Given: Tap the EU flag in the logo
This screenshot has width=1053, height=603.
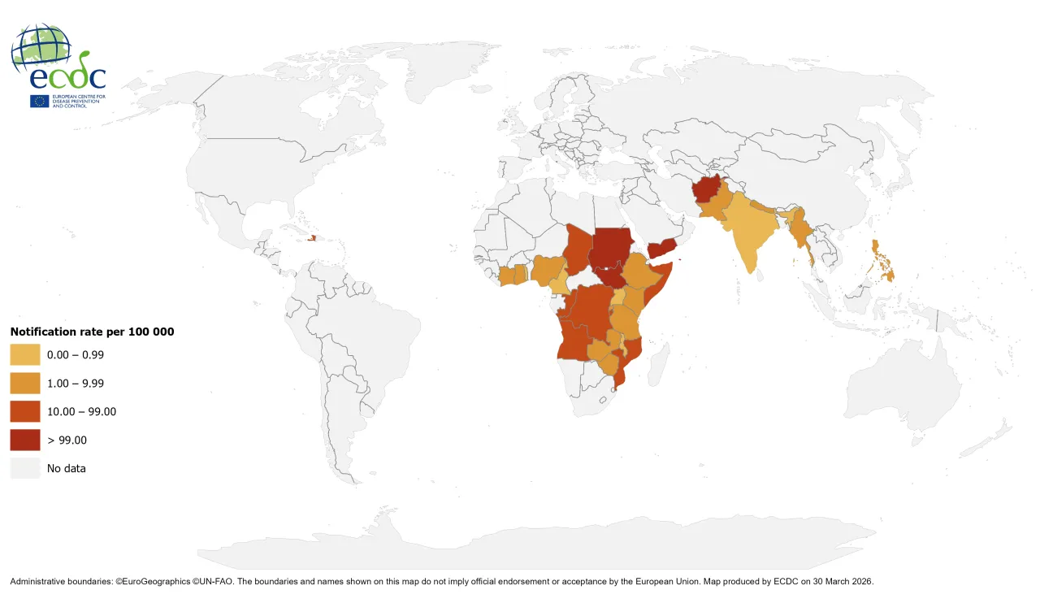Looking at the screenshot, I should coord(39,102).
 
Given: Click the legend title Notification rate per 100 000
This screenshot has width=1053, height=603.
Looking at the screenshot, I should coord(92,332).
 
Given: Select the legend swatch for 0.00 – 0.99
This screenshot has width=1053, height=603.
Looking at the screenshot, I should coord(25,354).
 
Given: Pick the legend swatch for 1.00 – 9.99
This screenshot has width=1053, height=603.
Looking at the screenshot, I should coord(25,383).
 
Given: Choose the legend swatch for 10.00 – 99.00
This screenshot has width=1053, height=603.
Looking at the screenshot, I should coord(25,411).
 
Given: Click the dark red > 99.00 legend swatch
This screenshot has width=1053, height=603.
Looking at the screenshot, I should coord(25,440).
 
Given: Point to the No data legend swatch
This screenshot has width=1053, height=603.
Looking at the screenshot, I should coord(25,468).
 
